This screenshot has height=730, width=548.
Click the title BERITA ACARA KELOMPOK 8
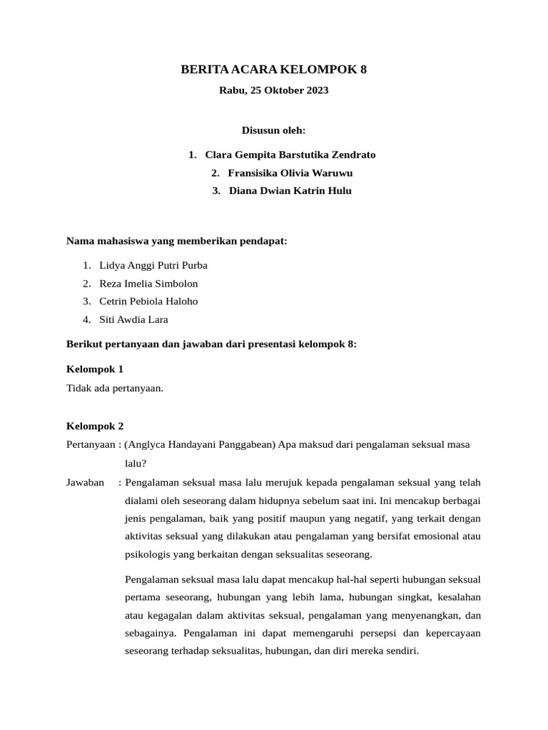point(274,69)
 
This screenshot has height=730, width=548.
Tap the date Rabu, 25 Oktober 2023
point(274,91)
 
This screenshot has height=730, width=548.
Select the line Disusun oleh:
point(274,130)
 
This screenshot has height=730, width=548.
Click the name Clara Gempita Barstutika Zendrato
point(290,155)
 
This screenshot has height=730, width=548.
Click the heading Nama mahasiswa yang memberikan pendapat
point(176,241)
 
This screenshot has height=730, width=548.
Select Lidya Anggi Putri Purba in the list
point(153,265)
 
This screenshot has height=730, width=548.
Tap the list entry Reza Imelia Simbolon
point(148,283)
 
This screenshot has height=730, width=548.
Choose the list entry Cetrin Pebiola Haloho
point(148,301)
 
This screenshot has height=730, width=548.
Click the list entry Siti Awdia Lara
point(133,319)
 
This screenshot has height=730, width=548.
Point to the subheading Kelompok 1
point(95,369)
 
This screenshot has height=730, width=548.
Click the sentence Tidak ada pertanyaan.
point(115,388)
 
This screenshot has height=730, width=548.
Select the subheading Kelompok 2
point(95,426)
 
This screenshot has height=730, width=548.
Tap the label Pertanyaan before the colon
point(91,444)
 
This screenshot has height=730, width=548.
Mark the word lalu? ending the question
point(136,463)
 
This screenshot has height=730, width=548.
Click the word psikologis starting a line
point(148,555)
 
